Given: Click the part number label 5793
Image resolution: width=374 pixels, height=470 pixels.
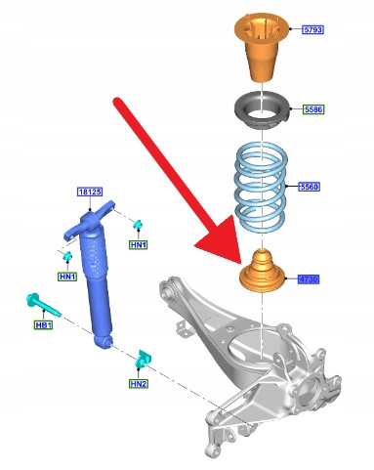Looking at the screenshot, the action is [x=312, y=29].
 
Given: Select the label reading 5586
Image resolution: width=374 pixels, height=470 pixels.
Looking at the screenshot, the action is [x=313, y=109].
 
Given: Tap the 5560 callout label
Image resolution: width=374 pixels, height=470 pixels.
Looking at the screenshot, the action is [x=310, y=187].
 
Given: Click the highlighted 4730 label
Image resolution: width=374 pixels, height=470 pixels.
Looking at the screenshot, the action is [x=309, y=279].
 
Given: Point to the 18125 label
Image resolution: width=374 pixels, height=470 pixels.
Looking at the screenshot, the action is [x=90, y=192].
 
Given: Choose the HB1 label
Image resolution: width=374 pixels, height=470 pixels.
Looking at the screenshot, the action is [x=43, y=324].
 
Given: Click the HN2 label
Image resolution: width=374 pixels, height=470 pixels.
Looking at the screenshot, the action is [x=139, y=384].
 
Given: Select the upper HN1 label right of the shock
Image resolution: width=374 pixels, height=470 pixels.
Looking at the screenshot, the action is [x=139, y=245].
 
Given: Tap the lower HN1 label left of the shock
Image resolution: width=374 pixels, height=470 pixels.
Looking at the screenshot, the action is [x=67, y=277].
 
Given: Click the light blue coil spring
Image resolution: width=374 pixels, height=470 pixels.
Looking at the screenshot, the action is [x=261, y=187].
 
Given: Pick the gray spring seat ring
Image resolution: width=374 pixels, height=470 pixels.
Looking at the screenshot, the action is [x=262, y=111].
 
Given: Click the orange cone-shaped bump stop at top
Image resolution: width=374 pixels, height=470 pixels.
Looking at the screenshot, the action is [x=262, y=47].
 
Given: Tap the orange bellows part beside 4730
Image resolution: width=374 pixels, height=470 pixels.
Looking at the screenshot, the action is [x=262, y=271].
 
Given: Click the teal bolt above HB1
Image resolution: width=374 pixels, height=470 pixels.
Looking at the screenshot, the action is [x=43, y=305].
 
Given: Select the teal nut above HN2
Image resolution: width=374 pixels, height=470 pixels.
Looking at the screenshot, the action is [x=144, y=359].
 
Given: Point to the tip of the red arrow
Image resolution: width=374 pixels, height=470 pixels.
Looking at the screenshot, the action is [x=240, y=263].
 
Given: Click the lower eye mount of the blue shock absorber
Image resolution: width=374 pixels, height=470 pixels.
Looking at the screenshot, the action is [x=104, y=342].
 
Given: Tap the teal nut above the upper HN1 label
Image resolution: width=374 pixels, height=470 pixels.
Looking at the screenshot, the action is [x=138, y=224].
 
